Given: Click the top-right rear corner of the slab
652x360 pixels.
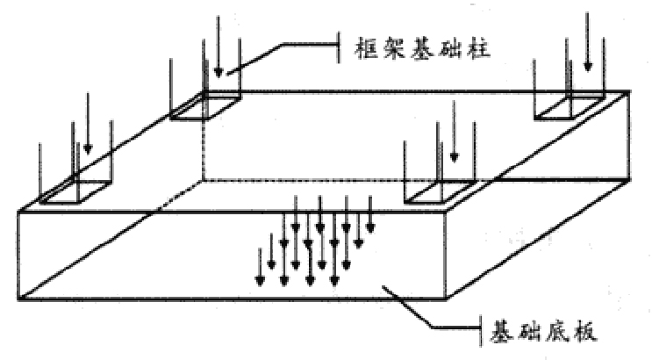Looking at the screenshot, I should point(629,90).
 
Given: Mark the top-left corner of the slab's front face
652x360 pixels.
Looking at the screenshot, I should point(19,212).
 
